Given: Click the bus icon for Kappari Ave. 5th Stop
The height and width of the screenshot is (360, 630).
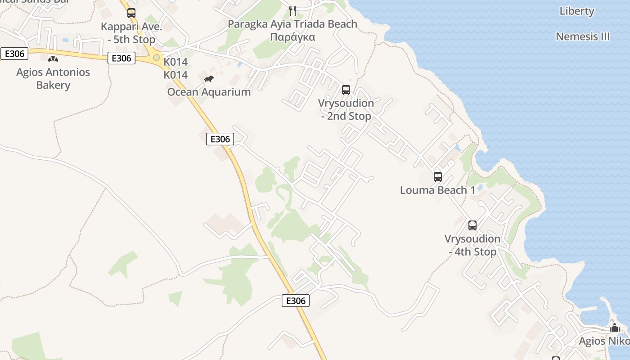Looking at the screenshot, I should (x=131, y=13).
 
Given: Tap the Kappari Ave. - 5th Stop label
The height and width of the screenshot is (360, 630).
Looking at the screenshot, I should (x=131, y=33).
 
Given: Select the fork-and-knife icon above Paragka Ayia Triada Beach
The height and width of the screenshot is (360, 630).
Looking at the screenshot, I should (x=293, y=10).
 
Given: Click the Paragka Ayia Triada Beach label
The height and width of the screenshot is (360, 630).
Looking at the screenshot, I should (x=292, y=24).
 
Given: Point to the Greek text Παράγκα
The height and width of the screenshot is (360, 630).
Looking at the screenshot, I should (x=292, y=37).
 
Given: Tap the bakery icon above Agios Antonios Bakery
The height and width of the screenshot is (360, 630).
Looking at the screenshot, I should (x=53, y=58).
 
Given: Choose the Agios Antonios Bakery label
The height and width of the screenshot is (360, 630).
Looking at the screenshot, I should (x=53, y=78).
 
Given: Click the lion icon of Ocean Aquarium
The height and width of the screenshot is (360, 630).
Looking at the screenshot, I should (x=208, y=79).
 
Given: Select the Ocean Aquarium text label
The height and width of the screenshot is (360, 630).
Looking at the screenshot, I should (x=209, y=92).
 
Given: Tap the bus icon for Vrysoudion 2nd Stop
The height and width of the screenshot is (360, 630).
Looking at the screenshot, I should (x=346, y=90).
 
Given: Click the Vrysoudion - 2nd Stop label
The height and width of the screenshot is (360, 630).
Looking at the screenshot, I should (x=346, y=109).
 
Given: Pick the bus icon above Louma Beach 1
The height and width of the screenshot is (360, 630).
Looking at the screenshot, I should (x=438, y=177).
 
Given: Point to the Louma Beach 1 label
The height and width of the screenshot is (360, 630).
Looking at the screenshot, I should (x=437, y=190).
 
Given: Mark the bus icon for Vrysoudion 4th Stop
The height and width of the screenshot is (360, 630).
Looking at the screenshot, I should (x=472, y=225).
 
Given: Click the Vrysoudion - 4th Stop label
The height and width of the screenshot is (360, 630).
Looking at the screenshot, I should (x=472, y=245).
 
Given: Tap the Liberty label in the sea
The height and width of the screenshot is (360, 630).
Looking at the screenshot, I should (x=577, y=11).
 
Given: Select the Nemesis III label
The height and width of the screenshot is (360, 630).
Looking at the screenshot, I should (x=583, y=36).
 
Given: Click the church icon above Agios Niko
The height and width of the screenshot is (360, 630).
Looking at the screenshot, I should (x=615, y=328).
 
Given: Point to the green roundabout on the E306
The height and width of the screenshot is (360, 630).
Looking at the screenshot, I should (x=157, y=58).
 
